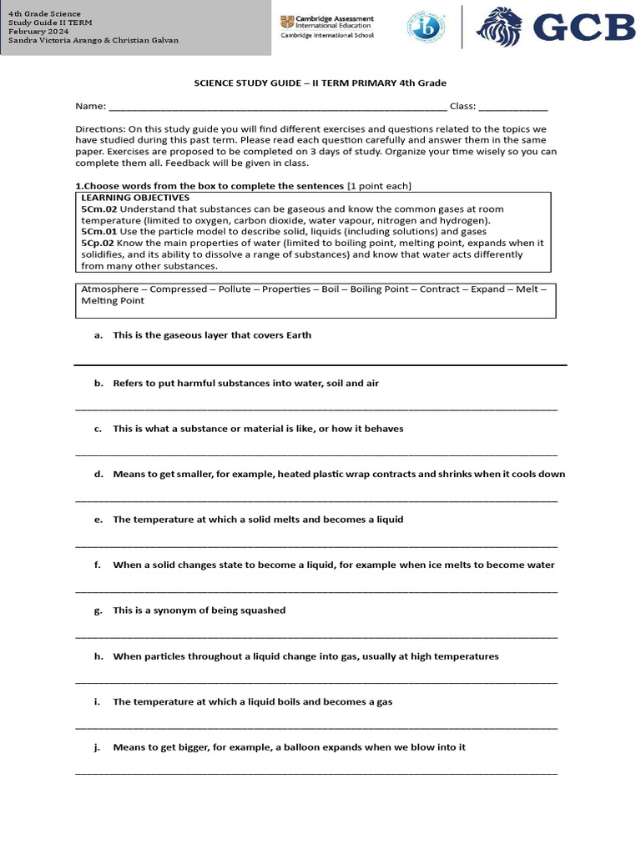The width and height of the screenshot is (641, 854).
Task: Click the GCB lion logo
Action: [498, 28]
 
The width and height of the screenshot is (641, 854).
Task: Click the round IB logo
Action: [426, 28]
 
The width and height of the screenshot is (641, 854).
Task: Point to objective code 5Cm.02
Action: [98, 208]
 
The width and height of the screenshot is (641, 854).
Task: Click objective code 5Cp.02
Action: [98, 243]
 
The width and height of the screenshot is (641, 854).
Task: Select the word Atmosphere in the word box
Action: [109, 289]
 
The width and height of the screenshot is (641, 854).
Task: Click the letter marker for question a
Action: [98, 335]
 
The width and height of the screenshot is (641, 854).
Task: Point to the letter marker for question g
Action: [98, 610]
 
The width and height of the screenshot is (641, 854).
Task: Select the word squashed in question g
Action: [264, 610]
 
